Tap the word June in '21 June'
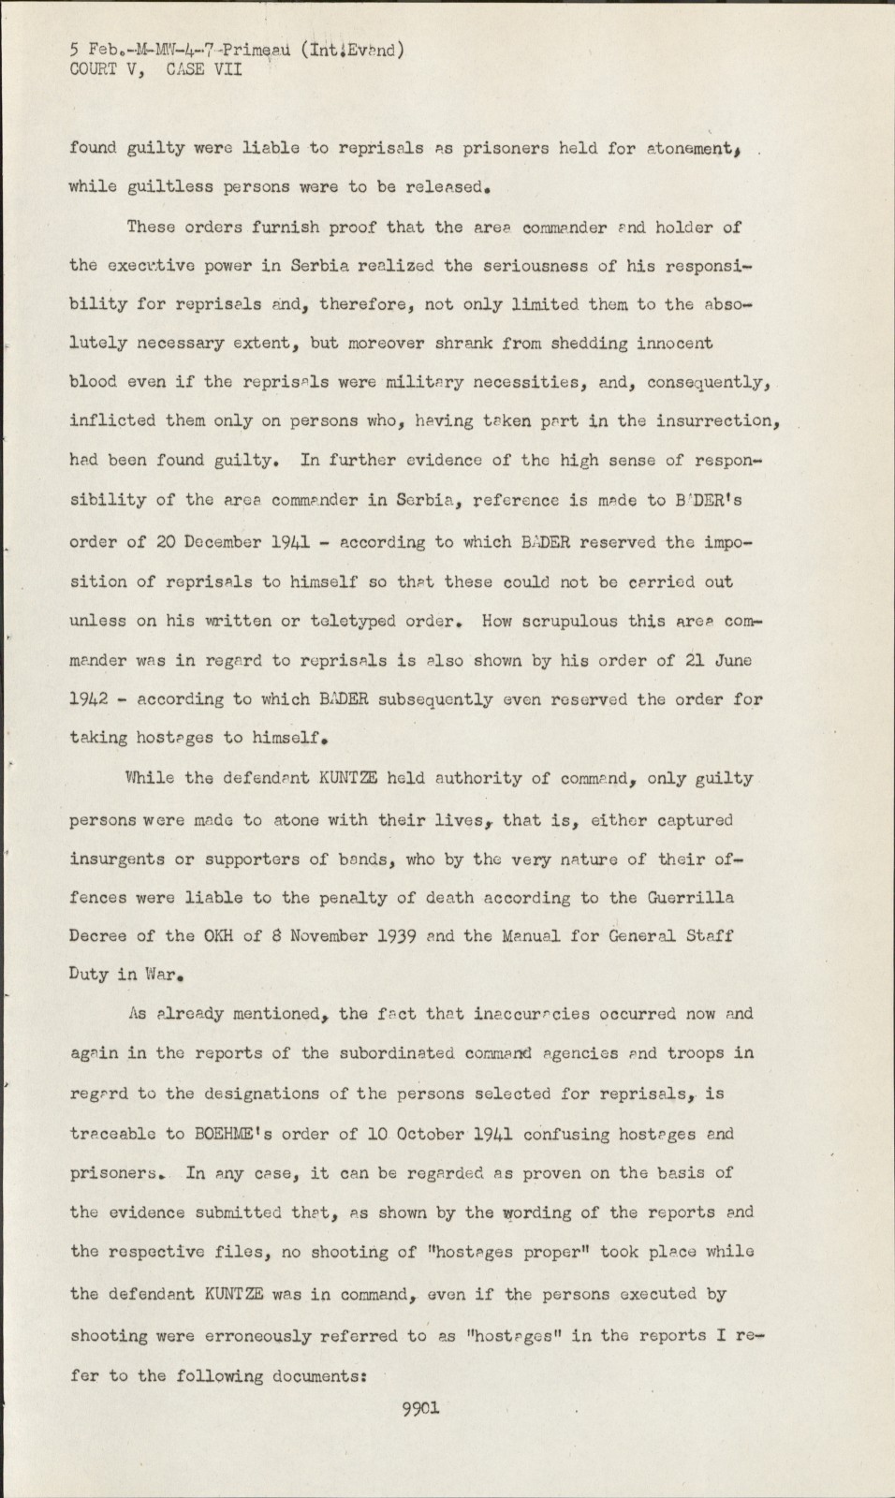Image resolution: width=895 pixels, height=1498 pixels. click(x=730, y=659)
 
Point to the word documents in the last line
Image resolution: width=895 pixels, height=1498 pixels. click(x=315, y=1375)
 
